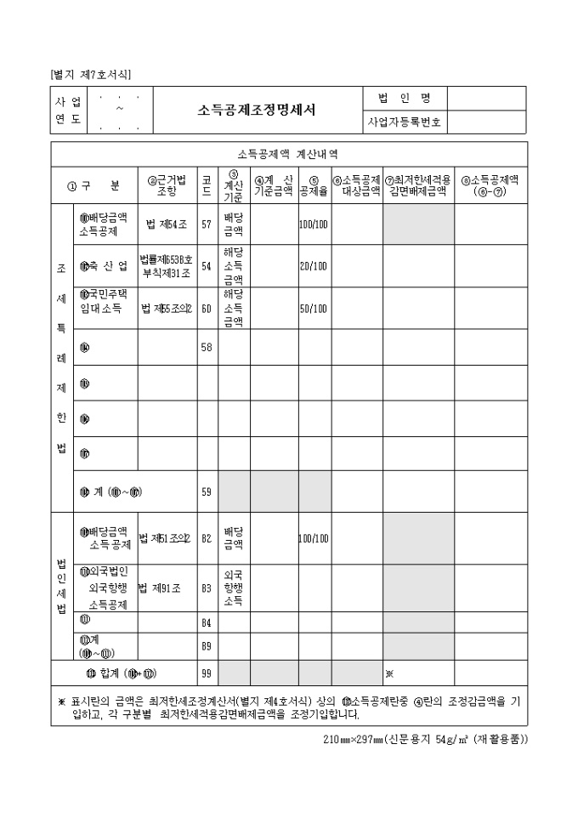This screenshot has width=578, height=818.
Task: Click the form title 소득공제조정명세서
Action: point(257,110)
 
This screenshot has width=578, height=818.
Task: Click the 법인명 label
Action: point(404,98)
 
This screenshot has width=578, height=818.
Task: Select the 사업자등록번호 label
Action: point(404,122)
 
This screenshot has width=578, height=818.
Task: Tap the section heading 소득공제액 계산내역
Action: point(288,154)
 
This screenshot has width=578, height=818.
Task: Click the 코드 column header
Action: point(207,185)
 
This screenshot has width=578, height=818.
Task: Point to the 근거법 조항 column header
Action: point(167,185)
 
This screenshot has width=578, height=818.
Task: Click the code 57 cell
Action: point(207,224)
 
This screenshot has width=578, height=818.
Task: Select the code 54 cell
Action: point(207,266)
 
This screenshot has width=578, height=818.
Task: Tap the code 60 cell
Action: point(207,308)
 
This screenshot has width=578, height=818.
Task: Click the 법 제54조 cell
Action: point(167,224)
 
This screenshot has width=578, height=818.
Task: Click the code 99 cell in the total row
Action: point(207,673)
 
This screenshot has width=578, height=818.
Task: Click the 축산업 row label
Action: point(105,266)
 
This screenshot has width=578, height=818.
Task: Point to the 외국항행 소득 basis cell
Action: point(234,587)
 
